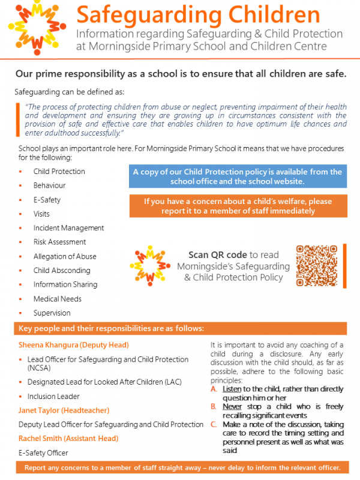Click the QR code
point(316,265)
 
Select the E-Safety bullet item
point(47,200)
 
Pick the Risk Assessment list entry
point(59,242)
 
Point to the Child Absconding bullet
point(61,271)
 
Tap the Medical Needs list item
point(57,299)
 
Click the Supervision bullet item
point(52,313)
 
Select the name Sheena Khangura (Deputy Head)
point(74,345)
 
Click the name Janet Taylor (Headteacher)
point(64,410)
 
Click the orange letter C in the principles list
point(213,424)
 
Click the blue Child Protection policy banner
point(236,176)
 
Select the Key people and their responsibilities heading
point(112,329)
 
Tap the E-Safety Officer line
point(43,453)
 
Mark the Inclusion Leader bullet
point(53,396)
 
